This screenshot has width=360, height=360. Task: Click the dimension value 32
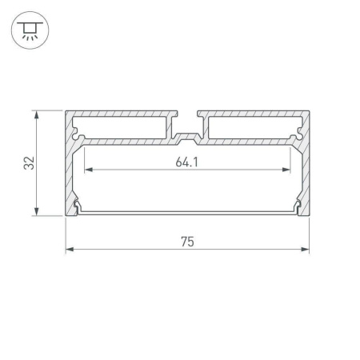pos(30,163)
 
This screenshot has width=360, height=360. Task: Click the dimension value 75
pos(187,241)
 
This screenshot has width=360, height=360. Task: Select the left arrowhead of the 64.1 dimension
pos(88,170)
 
